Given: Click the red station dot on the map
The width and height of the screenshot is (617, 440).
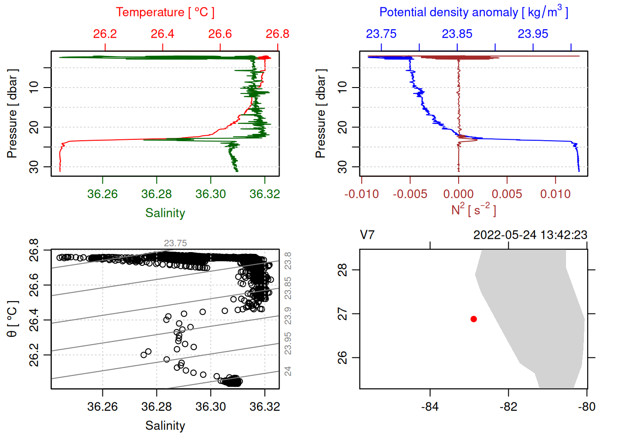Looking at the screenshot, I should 474,319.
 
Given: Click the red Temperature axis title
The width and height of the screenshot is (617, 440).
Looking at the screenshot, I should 165,12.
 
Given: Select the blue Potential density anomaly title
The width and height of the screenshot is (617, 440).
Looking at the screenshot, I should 473,12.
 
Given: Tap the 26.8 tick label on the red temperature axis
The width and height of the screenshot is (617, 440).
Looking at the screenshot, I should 277,34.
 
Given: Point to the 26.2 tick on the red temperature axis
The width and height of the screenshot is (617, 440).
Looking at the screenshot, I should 105,34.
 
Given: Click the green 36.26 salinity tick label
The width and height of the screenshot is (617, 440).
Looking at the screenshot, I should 102,194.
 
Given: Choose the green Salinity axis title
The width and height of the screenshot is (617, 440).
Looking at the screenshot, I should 165,213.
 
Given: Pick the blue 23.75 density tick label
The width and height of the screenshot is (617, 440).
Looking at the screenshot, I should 381,34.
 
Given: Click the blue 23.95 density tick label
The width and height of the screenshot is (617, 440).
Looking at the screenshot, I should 533,34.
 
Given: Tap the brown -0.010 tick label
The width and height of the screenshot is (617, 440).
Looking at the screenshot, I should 362,194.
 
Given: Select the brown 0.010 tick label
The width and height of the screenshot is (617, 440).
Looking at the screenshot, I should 555,194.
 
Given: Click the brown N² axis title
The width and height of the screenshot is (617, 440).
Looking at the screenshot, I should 473,210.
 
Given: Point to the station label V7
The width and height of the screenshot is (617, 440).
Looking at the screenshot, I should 367,235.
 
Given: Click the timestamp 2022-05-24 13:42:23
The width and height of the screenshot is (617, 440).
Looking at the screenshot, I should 530,235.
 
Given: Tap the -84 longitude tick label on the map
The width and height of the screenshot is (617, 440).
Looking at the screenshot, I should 430,407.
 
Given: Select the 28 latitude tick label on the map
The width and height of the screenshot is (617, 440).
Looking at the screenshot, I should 342,270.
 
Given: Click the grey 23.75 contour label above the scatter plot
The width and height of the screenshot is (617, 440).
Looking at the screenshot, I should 175,243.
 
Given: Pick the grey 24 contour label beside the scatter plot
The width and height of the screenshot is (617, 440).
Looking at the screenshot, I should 288,371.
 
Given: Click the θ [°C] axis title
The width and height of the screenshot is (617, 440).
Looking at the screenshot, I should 12,319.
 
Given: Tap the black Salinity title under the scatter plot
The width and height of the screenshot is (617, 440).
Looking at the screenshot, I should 165,426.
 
